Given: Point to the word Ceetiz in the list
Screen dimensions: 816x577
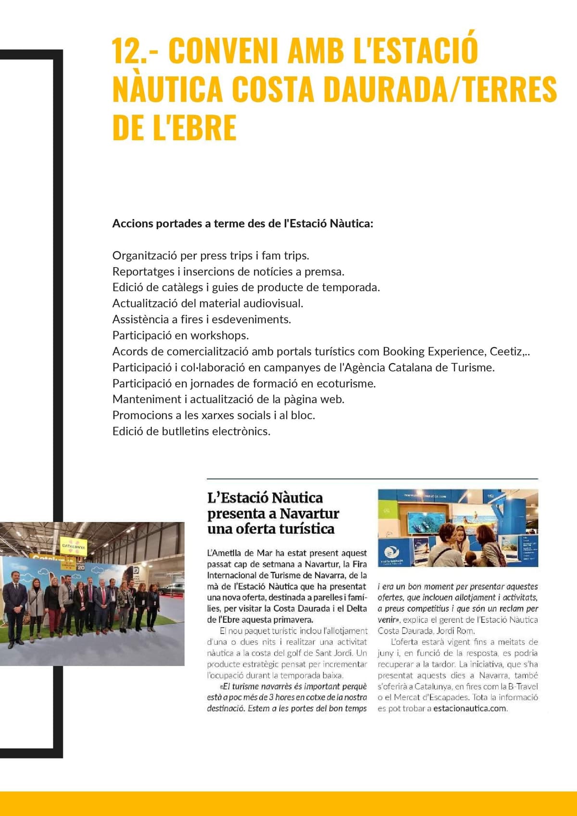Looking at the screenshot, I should click(x=506, y=351).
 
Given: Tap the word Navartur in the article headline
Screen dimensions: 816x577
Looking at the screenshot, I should click(x=309, y=514).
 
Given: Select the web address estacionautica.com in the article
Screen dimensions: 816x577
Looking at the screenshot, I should click(x=470, y=708).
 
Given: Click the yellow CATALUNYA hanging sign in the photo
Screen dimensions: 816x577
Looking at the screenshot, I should click(x=74, y=546).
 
